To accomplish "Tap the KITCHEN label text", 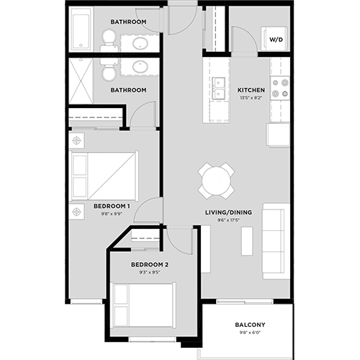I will coord(251,90).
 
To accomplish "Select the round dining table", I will coord(217,180).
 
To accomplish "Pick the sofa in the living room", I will coord(276,241).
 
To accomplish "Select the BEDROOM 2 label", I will coord(149,265).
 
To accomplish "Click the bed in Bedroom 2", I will coord(143,304).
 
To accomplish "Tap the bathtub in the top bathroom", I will coord(81,30).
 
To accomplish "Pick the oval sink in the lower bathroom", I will coord(138,68).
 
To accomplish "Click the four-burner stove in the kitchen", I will coord(280,88).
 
